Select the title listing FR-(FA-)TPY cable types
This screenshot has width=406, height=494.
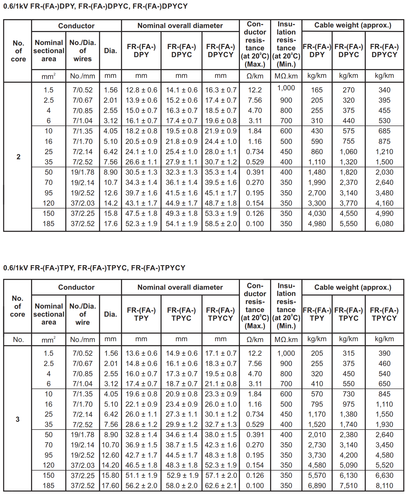(94, 268)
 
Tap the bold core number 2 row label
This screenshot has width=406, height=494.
(18, 157)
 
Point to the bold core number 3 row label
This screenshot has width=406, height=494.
(18, 419)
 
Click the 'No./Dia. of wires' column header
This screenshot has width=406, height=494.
(82, 51)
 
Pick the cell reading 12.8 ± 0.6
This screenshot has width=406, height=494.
(141, 90)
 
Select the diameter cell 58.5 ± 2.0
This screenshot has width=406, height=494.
(221, 224)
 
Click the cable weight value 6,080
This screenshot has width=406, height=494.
(384, 224)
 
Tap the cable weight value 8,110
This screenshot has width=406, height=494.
(384, 486)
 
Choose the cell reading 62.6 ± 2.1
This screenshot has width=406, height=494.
(221, 486)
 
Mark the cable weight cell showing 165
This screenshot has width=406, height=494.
(317, 90)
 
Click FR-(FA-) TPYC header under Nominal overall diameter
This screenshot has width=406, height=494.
(181, 314)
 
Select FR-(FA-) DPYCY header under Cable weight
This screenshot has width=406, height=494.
(384, 51)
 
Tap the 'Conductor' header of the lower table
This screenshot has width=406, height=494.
(76, 287)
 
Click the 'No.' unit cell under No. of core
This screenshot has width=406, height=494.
(18, 340)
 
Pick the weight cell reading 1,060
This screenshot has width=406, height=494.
(348, 152)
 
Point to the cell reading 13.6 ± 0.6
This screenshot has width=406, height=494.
(141, 353)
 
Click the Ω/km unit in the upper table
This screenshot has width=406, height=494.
(255, 76)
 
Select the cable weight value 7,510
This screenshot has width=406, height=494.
(348, 486)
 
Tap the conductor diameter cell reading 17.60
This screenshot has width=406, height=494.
(110, 486)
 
